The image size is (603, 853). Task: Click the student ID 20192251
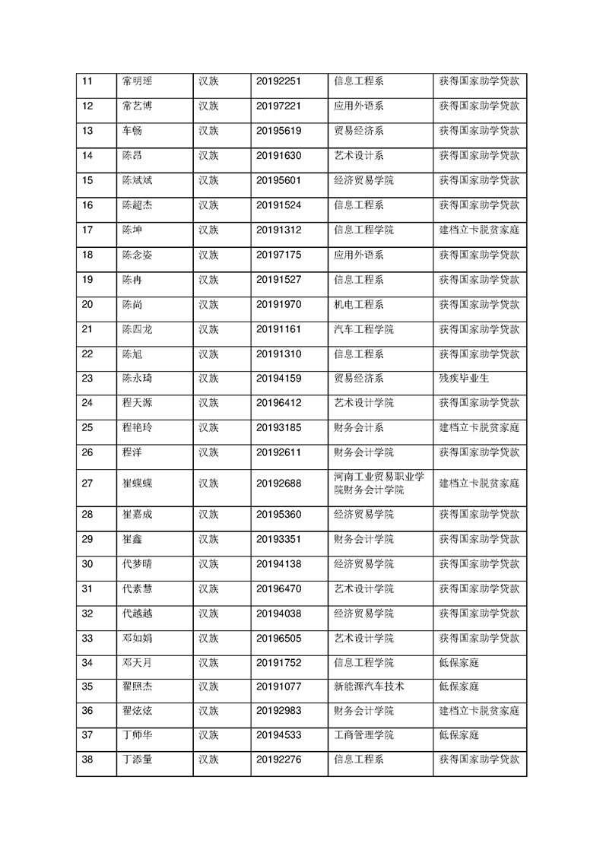click(x=279, y=81)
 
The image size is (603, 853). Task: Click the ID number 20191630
click(x=279, y=156)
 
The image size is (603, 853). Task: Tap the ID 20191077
click(x=279, y=687)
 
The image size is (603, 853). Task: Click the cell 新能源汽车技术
click(x=369, y=687)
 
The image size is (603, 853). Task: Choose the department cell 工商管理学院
click(x=363, y=735)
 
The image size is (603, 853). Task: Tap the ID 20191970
click(x=279, y=304)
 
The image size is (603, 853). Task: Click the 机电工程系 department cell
click(x=358, y=304)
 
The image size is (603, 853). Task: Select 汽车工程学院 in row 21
click(x=363, y=329)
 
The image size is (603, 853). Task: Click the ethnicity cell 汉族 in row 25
click(x=208, y=427)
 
